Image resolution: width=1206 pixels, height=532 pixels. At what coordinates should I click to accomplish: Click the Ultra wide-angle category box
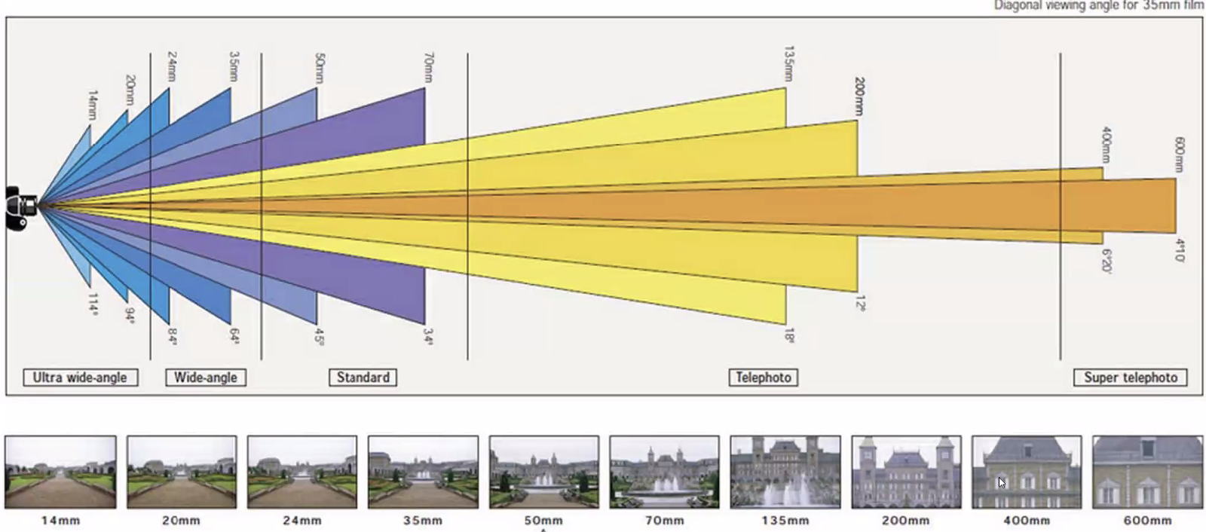pos(80,378)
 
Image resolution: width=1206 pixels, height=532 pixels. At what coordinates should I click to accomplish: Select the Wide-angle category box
pos(206,378)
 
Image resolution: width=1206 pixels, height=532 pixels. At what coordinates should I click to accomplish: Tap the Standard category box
pos(363,378)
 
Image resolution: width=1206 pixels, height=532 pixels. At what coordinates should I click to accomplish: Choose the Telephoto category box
pos(763,378)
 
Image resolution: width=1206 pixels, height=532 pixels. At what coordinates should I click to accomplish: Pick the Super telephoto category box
pos(1130,378)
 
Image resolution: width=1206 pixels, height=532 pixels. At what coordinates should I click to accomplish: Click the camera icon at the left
pos(20,206)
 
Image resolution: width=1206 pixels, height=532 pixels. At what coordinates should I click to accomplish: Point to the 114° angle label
pos(93,304)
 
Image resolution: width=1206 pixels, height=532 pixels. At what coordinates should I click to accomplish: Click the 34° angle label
pos(428,336)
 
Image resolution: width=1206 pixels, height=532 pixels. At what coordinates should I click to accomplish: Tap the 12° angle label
pos(860,303)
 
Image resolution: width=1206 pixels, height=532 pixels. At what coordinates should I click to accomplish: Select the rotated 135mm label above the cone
pos(788,64)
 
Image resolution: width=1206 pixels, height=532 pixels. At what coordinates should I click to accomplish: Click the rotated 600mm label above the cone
pos(1180,154)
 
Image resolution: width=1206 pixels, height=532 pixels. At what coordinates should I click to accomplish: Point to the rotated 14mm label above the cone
pos(93,105)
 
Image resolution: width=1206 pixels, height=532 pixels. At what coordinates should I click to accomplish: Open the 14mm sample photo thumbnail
pos(61,472)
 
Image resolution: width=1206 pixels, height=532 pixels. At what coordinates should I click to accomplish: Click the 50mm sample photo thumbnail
pos(543,472)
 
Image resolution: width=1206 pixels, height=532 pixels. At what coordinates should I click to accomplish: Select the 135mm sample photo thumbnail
pos(785,472)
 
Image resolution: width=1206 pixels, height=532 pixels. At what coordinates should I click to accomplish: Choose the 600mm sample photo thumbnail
pos(1147,472)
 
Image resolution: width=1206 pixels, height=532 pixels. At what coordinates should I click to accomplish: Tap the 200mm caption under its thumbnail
pos(905,521)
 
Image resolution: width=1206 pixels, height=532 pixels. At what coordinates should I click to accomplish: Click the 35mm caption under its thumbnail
pos(422,521)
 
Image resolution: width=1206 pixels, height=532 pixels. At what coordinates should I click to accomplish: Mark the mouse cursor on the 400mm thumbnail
pos(1001,482)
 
